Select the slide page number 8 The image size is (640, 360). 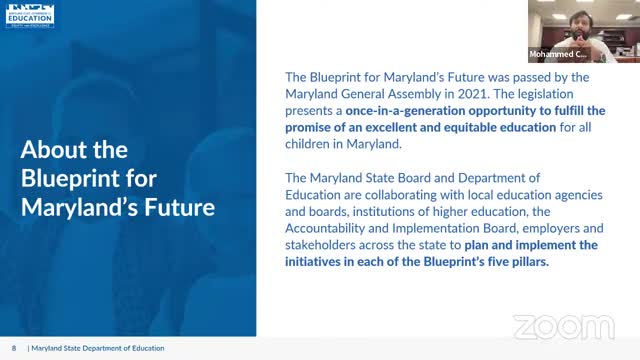(x=14, y=349)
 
